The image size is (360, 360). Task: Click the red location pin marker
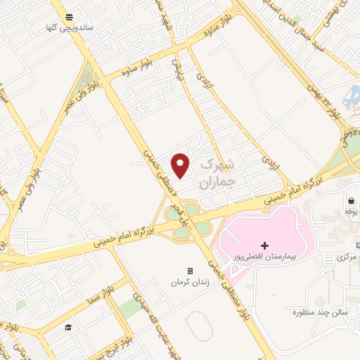pos(181,166)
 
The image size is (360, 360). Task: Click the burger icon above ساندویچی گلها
pos(68,18)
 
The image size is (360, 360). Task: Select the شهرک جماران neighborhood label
pos(216,173)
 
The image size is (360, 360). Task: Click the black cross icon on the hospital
pos(264,245)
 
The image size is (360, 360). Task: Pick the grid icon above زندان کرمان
pos(189,271)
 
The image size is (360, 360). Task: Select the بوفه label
pos(352,210)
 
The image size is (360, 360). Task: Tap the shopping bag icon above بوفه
pos(350,200)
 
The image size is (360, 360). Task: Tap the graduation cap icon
pos(69,328)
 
